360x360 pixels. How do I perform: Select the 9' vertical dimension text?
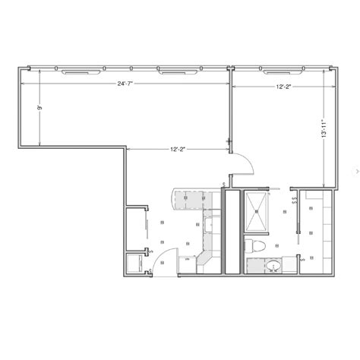[x=40, y=109]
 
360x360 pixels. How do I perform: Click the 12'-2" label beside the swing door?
[x=177, y=149]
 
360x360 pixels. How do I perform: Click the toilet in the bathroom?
[x=257, y=245]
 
